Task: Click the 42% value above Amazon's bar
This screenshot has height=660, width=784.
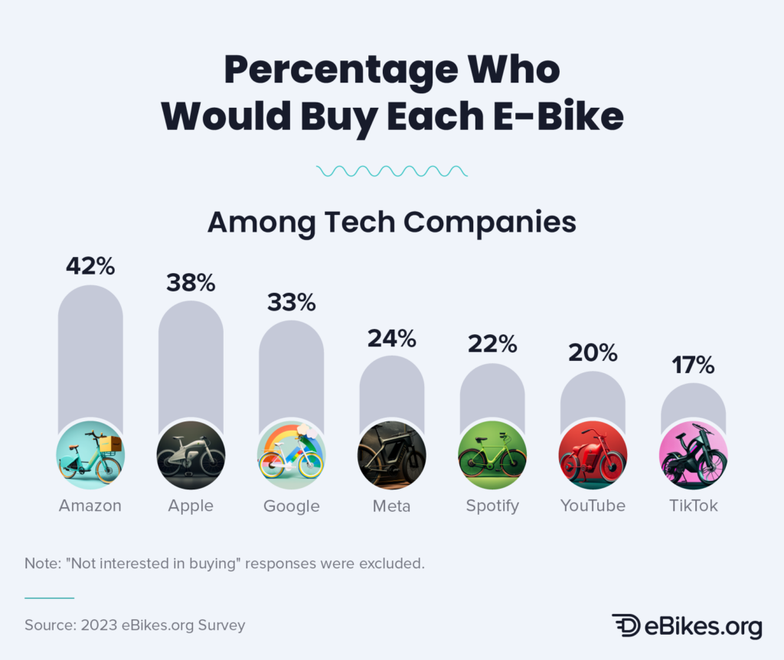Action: pos(90,266)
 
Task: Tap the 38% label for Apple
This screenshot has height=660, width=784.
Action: pos(191,282)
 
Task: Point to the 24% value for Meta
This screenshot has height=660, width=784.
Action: pos(391,337)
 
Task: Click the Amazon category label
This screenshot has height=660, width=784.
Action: pos(90,506)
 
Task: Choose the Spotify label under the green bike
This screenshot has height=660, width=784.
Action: pos(492,506)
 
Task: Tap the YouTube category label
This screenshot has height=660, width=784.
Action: pos(593,506)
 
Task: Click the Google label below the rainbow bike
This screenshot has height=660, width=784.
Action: pos(291,506)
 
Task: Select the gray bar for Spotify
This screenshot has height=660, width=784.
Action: pos(492,390)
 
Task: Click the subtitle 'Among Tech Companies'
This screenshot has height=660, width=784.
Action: pos(391,222)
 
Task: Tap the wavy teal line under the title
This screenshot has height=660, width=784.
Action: pos(391,171)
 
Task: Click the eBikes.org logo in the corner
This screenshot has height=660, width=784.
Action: pos(687,625)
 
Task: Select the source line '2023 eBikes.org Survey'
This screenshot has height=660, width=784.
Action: pos(135,625)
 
